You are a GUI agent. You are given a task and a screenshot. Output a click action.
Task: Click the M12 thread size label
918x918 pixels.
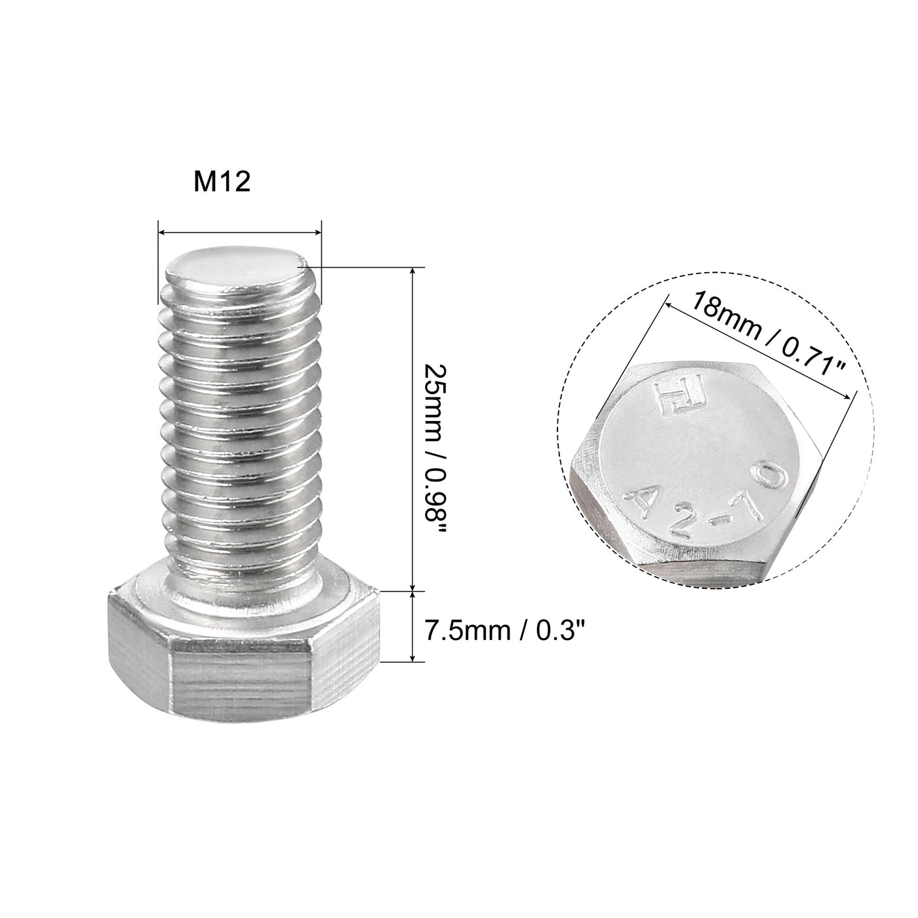222,182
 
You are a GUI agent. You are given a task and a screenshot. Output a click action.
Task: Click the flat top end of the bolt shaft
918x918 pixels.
237,269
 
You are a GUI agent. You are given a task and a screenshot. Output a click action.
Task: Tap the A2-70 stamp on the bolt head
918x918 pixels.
705,498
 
